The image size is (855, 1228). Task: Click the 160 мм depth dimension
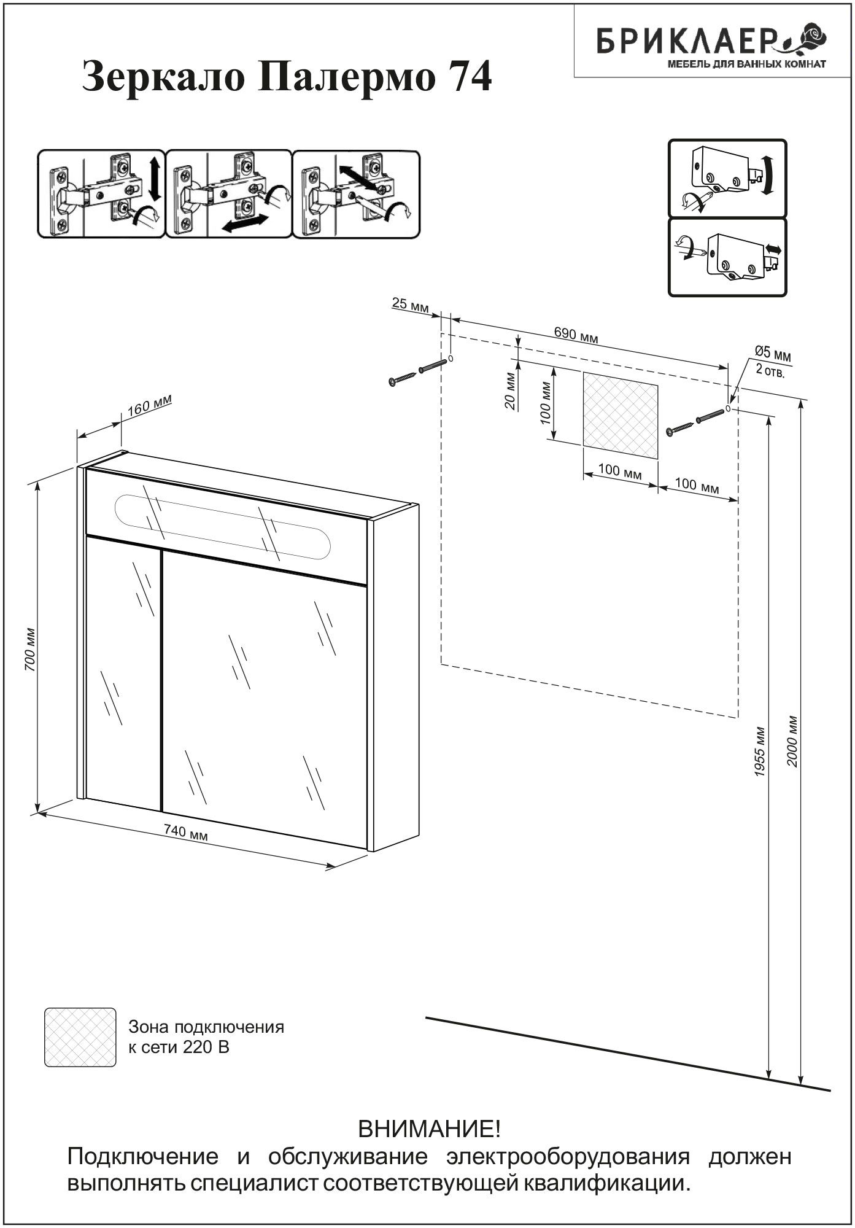(150, 405)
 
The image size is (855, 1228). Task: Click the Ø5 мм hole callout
(772, 354)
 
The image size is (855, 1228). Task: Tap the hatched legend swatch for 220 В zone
(80, 1037)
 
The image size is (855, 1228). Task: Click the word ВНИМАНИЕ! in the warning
(429, 1129)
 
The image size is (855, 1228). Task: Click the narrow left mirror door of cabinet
(123, 675)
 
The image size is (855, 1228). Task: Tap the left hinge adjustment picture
(102, 193)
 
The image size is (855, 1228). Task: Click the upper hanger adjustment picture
(727, 178)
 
